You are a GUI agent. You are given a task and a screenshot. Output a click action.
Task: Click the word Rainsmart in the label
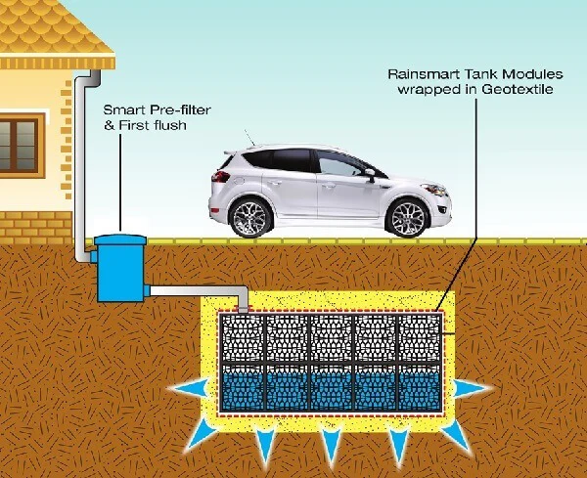(424, 74)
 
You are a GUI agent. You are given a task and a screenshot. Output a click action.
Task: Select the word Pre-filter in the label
(180, 109)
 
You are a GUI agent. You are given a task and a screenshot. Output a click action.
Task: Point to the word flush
(169, 125)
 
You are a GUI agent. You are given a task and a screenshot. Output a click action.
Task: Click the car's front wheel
(407, 218)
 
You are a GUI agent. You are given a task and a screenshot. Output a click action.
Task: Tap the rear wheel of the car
(250, 218)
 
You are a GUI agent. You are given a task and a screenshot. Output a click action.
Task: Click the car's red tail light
(221, 176)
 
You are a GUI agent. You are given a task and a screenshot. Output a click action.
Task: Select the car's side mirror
(370, 174)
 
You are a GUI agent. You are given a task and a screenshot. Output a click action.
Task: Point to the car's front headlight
(434, 190)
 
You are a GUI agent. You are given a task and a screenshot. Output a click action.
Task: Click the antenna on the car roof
(249, 138)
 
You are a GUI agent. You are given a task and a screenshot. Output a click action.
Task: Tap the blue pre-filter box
(119, 268)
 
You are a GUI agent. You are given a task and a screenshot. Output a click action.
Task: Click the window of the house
(20, 145)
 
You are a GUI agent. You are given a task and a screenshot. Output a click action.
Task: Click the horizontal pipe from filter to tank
(199, 291)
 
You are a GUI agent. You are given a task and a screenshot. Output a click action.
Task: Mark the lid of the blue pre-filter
(119, 239)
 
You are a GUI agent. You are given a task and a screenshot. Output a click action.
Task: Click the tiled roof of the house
(54, 29)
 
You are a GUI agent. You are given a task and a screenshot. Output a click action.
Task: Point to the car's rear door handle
(274, 183)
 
